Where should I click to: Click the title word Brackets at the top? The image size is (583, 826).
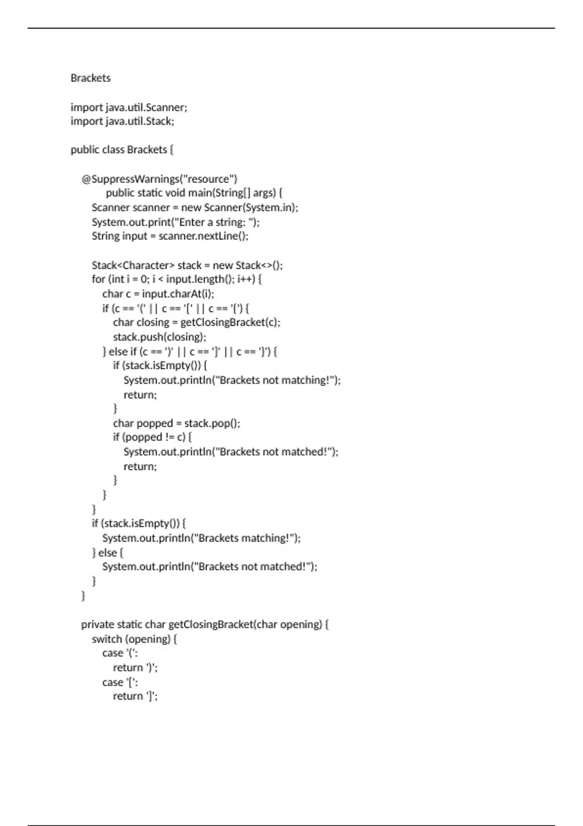pos(90,78)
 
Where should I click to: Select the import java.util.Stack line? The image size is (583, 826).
pos(122,121)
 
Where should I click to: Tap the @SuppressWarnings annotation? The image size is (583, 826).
pos(159,179)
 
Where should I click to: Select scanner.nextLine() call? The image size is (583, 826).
pos(203,236)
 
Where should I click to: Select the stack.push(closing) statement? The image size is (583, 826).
pos(159,337)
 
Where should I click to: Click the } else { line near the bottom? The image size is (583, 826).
pos(107,552)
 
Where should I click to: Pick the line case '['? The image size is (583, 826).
pos(120,682)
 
